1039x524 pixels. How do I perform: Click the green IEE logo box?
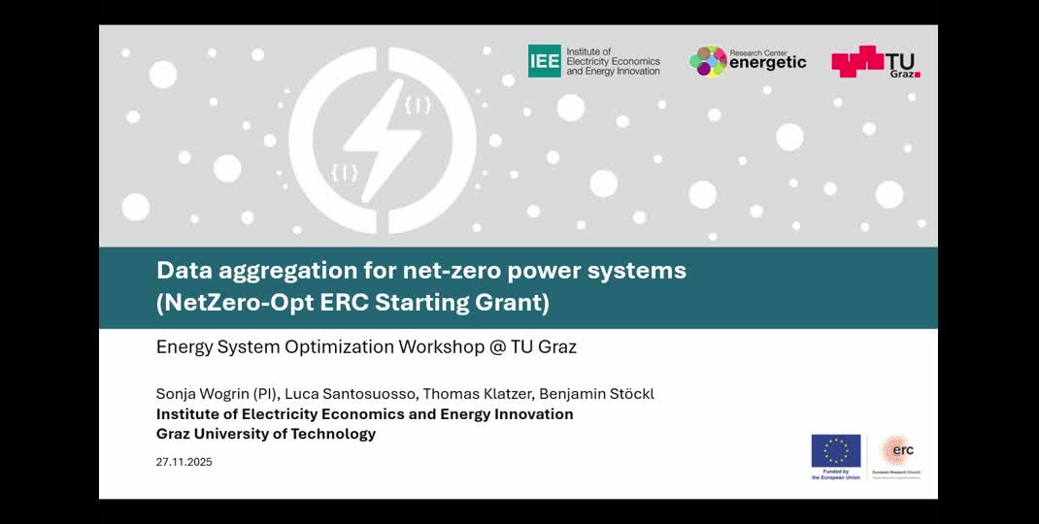tap(544, 61)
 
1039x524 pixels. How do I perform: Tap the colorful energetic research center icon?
tap(708, 61)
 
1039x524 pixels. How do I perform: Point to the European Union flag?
tap(835, 451)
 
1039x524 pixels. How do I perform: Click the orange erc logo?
tap(896, 451)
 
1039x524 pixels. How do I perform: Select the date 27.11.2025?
tap(184, 462)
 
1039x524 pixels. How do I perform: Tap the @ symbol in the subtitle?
tap(497, 346)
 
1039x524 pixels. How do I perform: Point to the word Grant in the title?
tap(518, 303)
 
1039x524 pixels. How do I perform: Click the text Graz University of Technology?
tap(266, 434)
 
